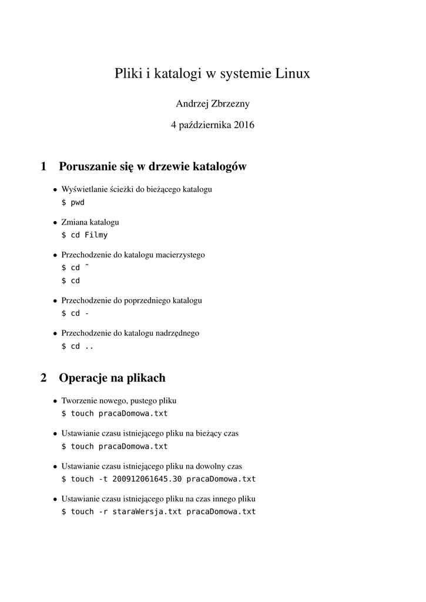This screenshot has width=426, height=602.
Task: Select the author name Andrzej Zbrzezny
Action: click(213, 104)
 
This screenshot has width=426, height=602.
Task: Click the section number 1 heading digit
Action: click(43, 167)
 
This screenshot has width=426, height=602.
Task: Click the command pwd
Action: click(78, 202)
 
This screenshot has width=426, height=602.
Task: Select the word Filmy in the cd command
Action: click(96, 235)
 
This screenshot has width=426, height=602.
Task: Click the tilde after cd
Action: click(87, 266)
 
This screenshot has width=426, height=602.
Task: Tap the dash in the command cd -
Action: click(87, 313)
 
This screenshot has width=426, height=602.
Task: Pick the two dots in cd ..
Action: click(89, 346)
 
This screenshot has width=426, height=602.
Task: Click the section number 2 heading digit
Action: click(43, 378)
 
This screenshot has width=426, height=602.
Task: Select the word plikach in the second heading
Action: click(145, 378)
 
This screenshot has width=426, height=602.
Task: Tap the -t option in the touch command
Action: click(103, 479)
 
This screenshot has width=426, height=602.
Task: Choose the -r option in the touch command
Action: click(103, 511)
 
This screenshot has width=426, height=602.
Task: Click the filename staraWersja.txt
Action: click(146, 511)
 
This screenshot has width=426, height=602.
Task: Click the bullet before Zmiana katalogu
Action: click(55, 223)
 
